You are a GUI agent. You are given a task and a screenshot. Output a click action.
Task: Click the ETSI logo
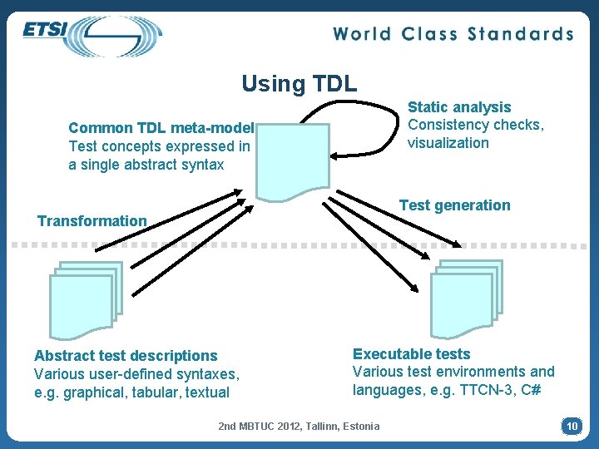coord(92,35)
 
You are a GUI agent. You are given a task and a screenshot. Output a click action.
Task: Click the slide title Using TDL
coord(299,83)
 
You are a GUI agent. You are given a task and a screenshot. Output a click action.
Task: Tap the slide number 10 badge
coord(572,426)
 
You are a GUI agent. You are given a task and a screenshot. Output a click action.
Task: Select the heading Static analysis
coord(459,107)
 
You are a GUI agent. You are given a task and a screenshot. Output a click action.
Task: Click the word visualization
coord(448,143)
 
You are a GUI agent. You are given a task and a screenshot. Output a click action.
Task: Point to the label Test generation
coord(454,205)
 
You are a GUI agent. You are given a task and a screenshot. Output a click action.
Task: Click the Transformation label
coord(92,221)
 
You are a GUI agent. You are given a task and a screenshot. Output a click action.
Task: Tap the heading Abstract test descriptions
coord(125,356)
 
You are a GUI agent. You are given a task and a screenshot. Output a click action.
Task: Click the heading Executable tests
coord(411,354)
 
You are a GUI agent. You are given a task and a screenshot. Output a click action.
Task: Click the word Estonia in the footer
coord(359,427)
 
